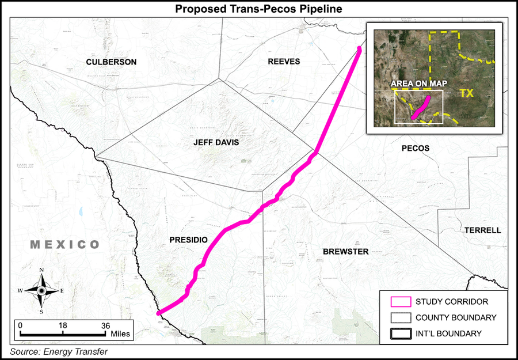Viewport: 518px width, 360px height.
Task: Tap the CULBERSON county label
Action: (x=111, y=62)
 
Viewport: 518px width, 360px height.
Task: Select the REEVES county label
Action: (x=284, y=62)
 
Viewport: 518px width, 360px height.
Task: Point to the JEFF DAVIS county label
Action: (x=216, y=142)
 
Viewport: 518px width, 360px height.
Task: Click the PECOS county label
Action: (x=416, y=148)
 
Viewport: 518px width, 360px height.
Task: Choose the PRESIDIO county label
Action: (x=188, y=239)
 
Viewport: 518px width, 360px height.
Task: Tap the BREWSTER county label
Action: (x=345, y=251)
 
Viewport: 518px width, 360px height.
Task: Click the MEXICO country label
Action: (x=65, y=245)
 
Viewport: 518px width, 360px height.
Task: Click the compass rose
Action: (x=41, y=290)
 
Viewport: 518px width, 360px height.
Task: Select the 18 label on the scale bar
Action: (x=62, y=325)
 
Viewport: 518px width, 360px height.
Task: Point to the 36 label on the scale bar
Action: (x=105, y=325)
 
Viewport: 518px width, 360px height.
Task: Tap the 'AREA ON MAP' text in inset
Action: (x=419, y=84)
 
